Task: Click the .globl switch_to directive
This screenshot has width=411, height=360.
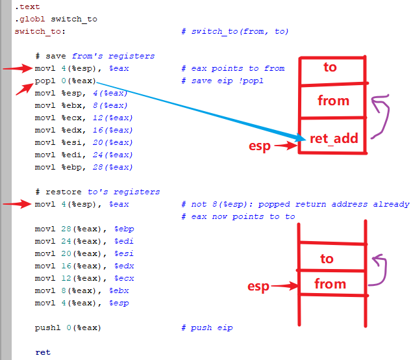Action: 56,19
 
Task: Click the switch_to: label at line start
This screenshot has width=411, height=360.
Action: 40,31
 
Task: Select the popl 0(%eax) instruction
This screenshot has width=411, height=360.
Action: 66,81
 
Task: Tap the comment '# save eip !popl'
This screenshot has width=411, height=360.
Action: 223,81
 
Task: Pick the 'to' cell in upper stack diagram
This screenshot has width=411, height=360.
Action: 330,67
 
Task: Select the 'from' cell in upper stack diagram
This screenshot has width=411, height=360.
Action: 333,101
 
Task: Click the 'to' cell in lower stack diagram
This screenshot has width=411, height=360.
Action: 327,259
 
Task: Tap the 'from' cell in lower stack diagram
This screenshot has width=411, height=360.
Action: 330,284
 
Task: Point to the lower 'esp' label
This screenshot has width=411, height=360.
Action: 258,287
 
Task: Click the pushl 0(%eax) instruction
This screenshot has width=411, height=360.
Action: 68,328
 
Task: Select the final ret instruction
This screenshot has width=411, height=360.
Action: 42,352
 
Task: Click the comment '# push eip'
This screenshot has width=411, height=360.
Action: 206,328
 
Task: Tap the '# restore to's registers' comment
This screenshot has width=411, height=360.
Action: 97,192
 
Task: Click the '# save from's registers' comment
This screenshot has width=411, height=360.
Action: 95,56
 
